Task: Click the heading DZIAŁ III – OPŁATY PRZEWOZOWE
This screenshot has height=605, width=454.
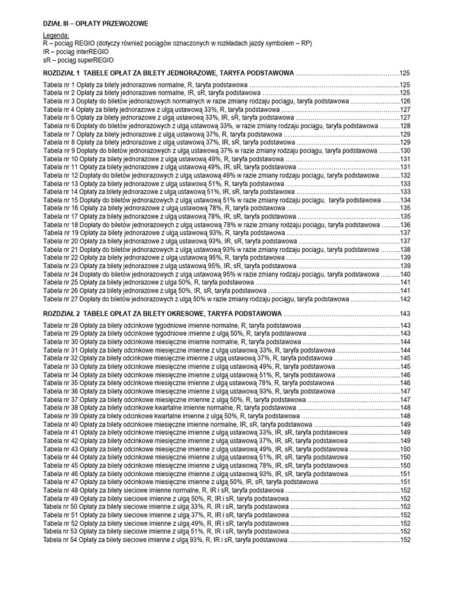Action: pyautogui.click(x=96, y=23)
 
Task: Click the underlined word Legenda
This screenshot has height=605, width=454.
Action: pyautogui.click(x=56, y=36)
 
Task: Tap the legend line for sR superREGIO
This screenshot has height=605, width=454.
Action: pyautogui.click(x=79, y=60)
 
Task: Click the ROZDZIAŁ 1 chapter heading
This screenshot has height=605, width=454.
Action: pyautogui.click(x=168, y=73)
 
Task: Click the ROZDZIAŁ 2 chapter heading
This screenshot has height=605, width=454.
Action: pyautogui.click(x=163, y=313)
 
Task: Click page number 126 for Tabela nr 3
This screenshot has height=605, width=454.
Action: pyautogui.click(x=405, y=102)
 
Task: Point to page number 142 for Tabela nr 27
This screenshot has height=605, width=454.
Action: pyautogui.click(x=405, y=299)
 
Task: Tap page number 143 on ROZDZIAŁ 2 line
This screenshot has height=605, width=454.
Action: pyautogui.click(x=405, y=313)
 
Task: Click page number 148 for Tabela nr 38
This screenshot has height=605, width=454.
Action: pyautogui.click(x=405, y=408)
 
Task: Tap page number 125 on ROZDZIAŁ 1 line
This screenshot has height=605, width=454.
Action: pyautogui.click(x=405, y=73)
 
